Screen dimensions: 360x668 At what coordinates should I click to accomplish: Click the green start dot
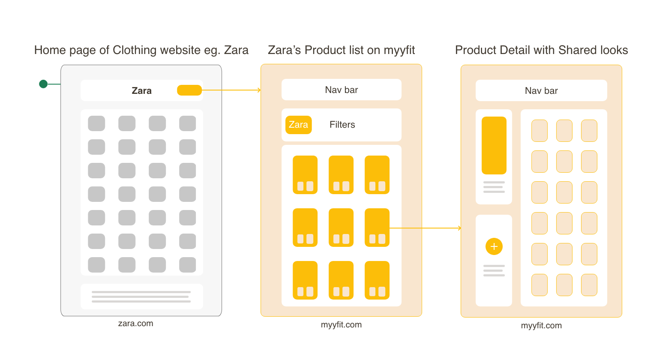coord(43,84)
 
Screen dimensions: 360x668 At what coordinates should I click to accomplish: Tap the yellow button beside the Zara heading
coord(189,90)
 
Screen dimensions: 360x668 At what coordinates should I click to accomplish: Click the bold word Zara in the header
coord(141,91)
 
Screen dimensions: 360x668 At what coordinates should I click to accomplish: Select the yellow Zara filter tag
coord(298,125)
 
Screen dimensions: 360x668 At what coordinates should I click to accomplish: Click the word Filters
coord(342,125)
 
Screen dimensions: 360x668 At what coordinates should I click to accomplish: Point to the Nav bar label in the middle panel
coord(341,90)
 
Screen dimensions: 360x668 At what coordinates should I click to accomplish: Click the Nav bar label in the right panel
coord(541,91)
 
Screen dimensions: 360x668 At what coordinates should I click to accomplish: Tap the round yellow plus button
coord(494,246)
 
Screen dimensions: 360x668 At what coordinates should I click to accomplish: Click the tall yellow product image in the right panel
coord(494,145)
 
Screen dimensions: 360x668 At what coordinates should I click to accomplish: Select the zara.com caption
coord(135,324)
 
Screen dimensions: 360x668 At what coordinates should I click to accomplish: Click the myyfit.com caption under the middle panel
coord(341,325)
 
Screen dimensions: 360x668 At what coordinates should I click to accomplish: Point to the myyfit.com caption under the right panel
coord(541,326)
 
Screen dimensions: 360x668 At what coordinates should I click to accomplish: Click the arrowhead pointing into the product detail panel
coord(459,228)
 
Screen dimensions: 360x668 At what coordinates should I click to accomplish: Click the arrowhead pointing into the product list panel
coord(259,90)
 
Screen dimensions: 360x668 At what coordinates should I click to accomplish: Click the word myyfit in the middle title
coord(399,50)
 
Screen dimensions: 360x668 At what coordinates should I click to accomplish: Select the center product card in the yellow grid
coord(341,228)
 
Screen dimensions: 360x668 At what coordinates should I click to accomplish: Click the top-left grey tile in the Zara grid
coord(96,123)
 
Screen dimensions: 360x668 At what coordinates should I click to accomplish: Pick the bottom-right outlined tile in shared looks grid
coord(589,285)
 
